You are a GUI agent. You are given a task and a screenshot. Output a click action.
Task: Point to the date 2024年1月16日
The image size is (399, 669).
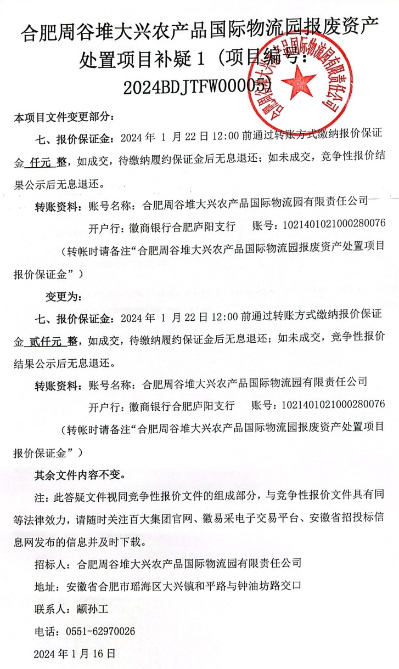(x=75, y=654)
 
